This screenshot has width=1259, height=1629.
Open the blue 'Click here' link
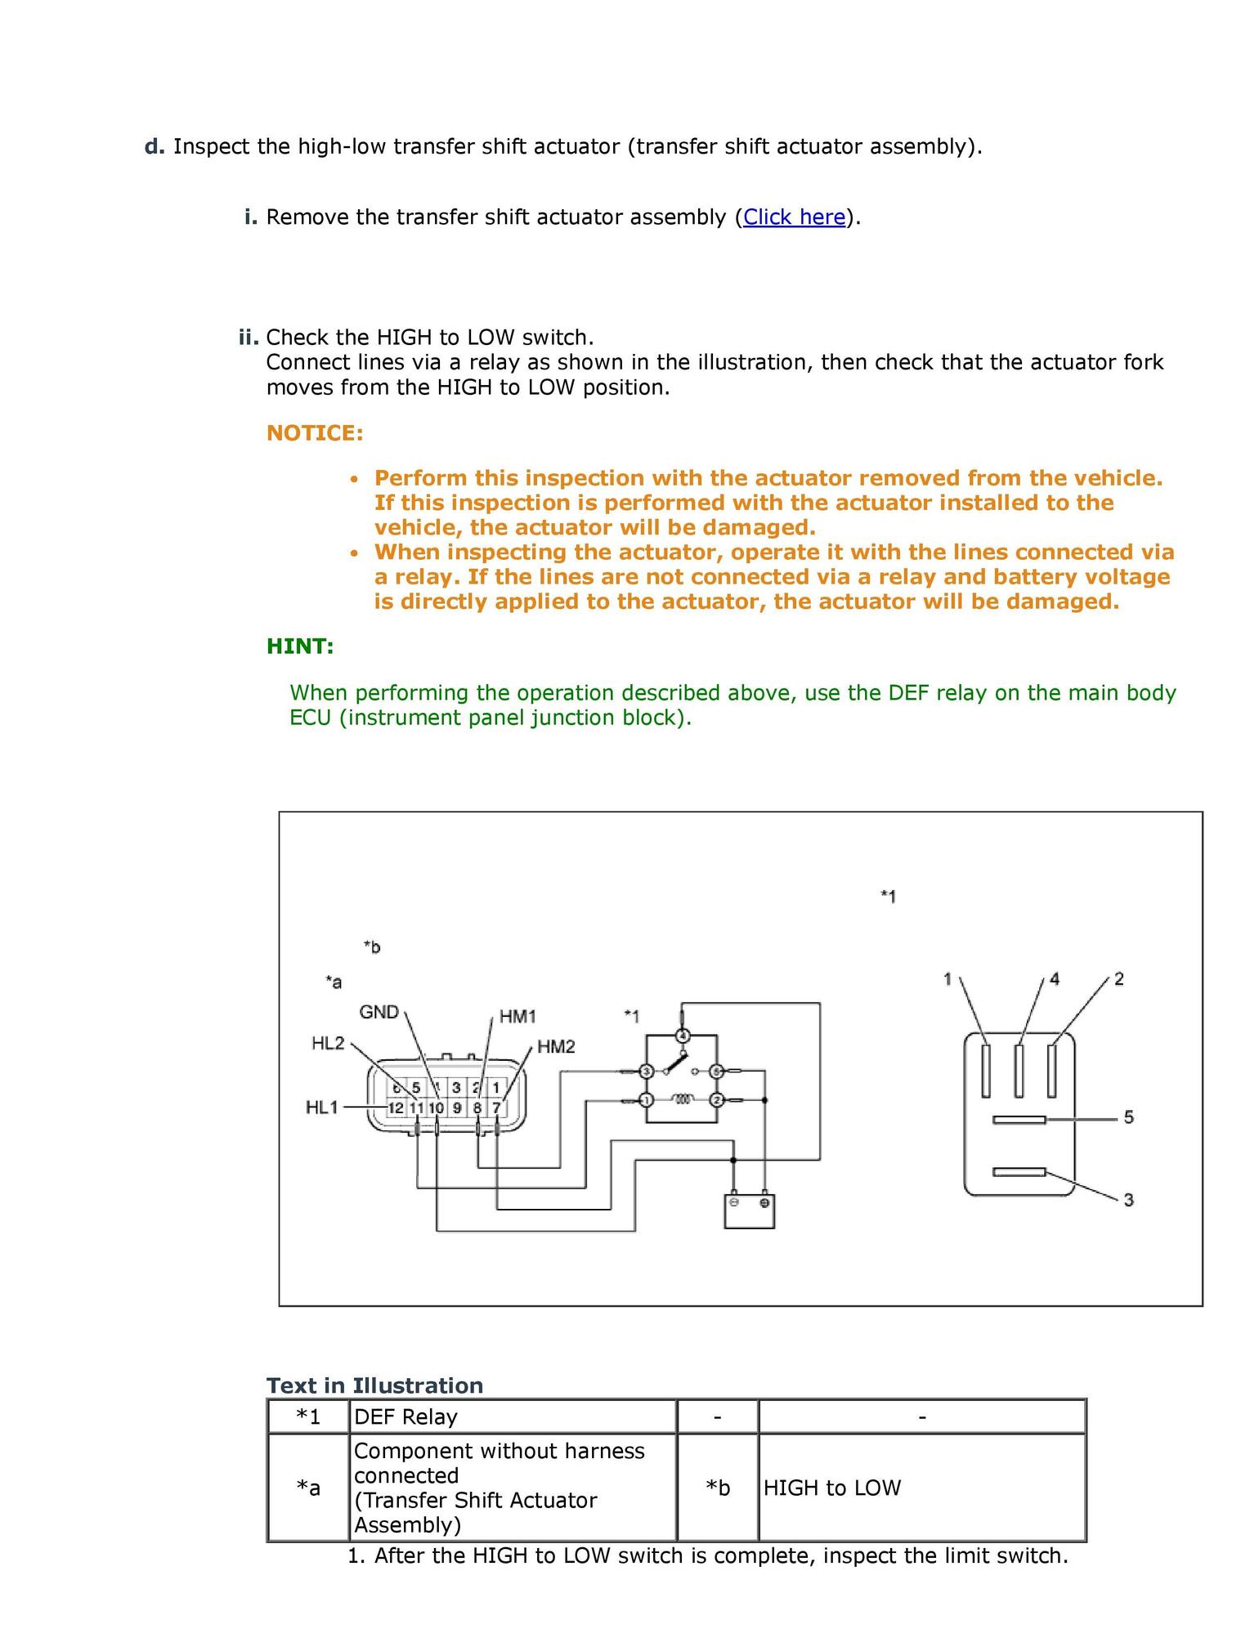tap(794, 217)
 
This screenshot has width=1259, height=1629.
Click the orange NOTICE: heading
tap(315, 433)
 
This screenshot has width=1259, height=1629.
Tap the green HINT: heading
tap(300, 647)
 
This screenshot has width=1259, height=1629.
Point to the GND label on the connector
tap(379, 1012)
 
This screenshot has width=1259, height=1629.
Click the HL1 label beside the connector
tap(321, 1108)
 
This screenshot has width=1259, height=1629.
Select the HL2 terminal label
tap(328, 1043)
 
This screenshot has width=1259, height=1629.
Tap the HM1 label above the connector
tap(517, 1016)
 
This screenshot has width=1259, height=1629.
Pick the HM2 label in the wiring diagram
tap(556, 1047)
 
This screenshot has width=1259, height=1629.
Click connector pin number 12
tap(396, 1108)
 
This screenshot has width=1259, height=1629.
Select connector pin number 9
tap(457, 1108)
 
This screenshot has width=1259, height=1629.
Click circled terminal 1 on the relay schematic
tap(646, 1100)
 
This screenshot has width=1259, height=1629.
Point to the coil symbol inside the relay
tap(682, 1100)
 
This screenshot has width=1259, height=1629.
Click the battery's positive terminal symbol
tap(764, 1203)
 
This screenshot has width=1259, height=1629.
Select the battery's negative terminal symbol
tap(734, 1203)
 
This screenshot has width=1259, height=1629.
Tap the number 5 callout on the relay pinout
tap(1128, 1117)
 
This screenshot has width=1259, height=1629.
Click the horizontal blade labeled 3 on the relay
tap(1019, 1172)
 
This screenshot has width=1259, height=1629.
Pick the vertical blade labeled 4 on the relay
tap(1019, 1070)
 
